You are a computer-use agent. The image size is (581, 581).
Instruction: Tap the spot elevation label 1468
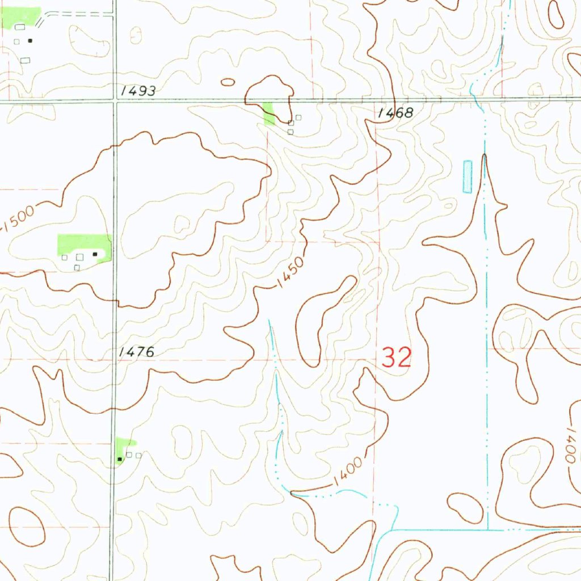click(x=395, y=113)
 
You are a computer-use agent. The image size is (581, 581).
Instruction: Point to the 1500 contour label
click(x=19, y=219)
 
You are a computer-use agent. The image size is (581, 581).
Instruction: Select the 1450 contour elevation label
click(x=291, y=273)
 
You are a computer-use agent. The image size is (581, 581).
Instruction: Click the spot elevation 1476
click(x=137, y=352)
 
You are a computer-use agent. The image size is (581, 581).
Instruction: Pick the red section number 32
click(x=396, y=358)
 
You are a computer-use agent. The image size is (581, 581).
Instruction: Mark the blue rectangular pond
click(x=467, y=176)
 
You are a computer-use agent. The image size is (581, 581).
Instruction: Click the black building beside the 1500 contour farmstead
click(x=95, y=254)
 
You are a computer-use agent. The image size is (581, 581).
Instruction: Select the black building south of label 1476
click(x=119, y=458)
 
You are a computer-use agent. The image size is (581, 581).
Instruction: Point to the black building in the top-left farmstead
click(x=30, y=40)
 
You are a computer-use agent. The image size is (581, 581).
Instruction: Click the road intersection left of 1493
click(x=114, y=101)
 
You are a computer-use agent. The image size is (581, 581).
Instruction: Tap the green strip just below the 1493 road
click(x=270, y=113)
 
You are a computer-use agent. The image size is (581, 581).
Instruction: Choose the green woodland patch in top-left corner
click(x=20, y=16)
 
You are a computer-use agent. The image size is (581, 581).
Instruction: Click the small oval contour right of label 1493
click(x=228, y=82)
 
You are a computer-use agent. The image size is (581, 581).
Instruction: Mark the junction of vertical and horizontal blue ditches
click(x=488, y=529)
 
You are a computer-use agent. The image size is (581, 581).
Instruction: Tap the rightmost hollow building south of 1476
click(x=138, y=455)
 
